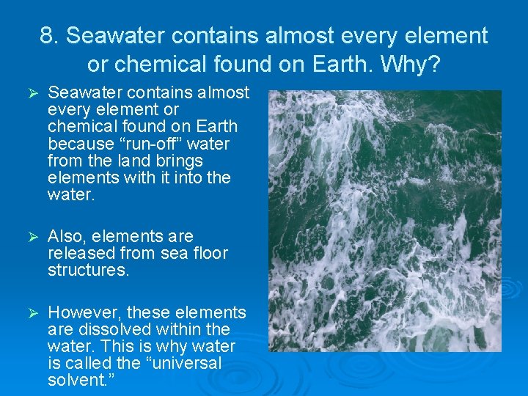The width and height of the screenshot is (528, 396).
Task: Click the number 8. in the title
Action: tap(50, 35)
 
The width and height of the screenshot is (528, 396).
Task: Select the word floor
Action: tap(208, 253)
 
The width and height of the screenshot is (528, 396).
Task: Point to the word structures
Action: tap(88, 270)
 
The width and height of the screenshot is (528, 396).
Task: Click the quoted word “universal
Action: tap(183, 363)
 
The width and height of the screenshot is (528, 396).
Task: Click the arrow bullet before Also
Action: tap(31, 237)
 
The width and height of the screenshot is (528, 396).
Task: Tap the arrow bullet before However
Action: tap(31, 313)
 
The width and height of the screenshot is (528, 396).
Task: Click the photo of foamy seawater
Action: tap(384, 220)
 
